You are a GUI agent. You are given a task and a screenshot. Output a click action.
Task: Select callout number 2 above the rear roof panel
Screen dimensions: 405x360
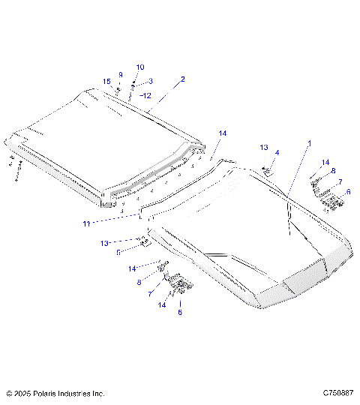pos(182,79)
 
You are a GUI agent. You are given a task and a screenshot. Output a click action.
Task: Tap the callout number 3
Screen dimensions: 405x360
pos(150,81)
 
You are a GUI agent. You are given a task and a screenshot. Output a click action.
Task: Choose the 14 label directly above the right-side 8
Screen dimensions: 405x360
pos(325,162)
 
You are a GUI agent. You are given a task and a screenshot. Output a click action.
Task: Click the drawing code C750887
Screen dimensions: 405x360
pos(337,393)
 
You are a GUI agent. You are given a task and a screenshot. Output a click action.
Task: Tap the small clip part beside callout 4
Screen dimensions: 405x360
pos(267,170)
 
